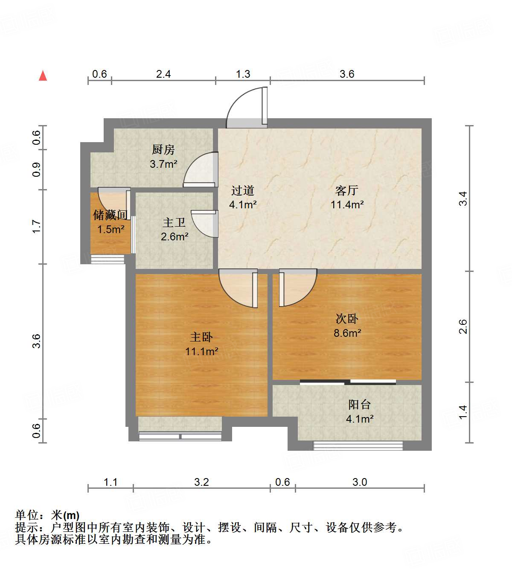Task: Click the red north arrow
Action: [x=43, y=76]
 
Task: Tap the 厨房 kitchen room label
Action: [x=163, y=150]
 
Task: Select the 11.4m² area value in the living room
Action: [x=347, y=204]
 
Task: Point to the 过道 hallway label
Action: [x=243, y=190]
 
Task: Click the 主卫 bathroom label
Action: [x=174, y=222]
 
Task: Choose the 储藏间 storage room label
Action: [x=111, y=215]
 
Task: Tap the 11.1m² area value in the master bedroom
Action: [x=201, y=351]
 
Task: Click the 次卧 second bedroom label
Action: [x=346, y=318]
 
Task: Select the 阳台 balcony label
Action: [x=359, y=404]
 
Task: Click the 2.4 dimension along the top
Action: [x=163, y=74]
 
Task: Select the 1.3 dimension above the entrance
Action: [x=243, y=74]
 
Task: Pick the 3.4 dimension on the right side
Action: [x=463, y=199]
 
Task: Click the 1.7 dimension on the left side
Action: [x=37, y=226]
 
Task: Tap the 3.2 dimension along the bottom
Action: [x=201, y=482]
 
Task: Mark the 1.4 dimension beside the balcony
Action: [x=463, y=412]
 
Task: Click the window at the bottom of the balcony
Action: [x=358, y=446]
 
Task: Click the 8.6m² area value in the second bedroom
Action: [x=347, y=333]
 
